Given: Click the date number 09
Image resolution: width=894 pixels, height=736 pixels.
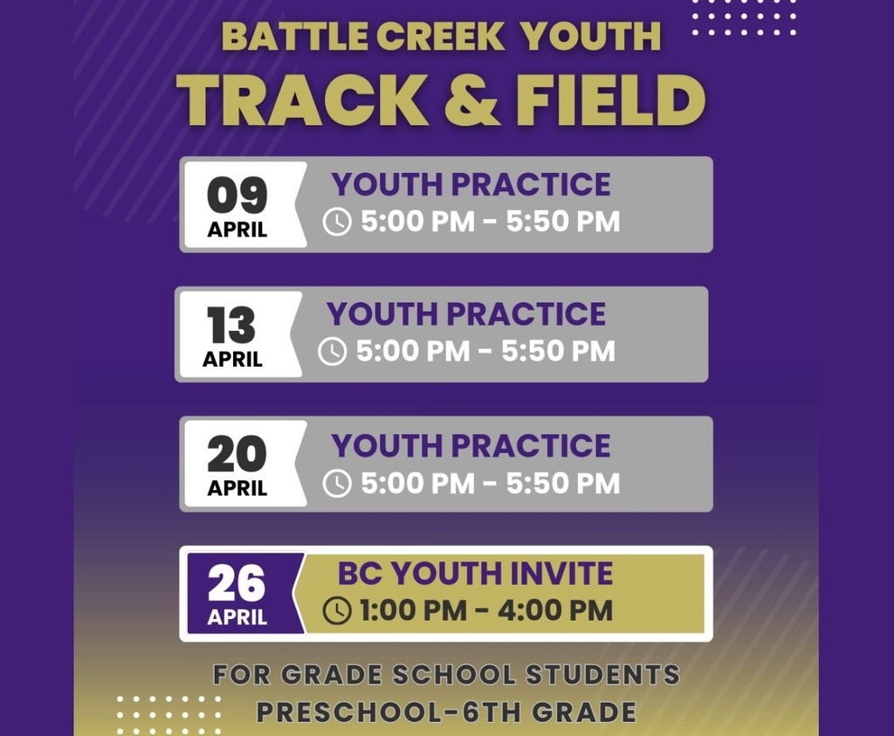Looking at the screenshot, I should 237,196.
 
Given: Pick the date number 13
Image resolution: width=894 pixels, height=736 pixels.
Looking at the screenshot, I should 231,326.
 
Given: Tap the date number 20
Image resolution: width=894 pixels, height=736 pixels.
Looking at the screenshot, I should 237,454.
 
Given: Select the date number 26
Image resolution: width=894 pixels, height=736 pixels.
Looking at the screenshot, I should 237,583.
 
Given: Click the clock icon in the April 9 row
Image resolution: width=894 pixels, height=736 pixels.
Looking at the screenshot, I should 337,222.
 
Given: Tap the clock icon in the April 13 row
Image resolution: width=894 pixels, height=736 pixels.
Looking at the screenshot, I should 332,351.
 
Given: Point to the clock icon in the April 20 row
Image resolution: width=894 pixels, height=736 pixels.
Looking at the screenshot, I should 337,483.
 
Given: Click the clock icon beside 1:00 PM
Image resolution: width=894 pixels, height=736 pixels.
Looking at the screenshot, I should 337,610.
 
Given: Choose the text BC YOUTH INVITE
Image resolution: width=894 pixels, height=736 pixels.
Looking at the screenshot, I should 475,574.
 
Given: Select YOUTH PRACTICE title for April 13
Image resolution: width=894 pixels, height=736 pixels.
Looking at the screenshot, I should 466,314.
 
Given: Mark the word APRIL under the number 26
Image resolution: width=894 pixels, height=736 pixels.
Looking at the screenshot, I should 237,617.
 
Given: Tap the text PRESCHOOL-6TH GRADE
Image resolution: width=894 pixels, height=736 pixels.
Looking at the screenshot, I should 446,712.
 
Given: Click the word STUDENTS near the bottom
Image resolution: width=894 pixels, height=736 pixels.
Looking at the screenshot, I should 602,674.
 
